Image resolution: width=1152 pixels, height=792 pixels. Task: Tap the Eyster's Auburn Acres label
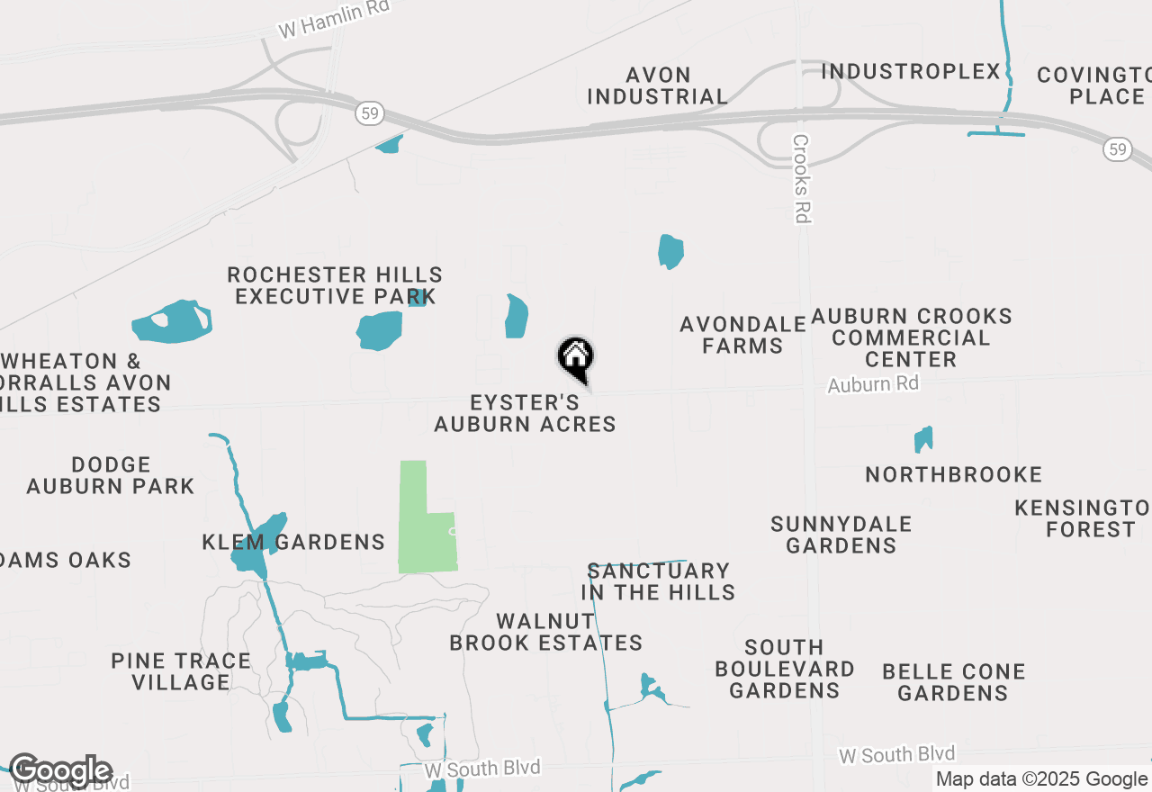pyautogui.click(x=525, y=413)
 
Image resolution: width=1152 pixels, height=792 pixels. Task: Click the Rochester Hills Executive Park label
pyautogui.click(x=335, y=285)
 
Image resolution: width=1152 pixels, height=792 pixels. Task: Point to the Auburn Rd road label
pyautogui.click(x=873, y=384)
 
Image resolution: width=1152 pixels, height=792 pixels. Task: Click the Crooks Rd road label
pyautogui.click(x=802, y=178)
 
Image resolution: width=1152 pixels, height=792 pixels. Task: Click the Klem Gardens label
pyautogui.click(x=294, y=542)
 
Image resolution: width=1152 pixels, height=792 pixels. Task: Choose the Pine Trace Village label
pyautogui.click(x=181, y=671)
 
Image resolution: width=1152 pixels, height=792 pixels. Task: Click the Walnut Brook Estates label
pyautogui.click(x=545, y=632)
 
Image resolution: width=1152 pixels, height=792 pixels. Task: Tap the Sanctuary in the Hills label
pyautogui.click(x=658, y=581)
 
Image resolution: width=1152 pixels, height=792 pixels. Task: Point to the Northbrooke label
pyautogui.click(x=953, y=474)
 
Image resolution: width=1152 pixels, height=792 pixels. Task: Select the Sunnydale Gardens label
pyautogui.click(x=841, y=535)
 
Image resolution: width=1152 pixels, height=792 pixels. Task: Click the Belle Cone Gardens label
pyautogui.click(x=953, y=682)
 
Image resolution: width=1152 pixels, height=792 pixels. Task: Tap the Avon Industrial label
pyautogui.click(x=658, y=85)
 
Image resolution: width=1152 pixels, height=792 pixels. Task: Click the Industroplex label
pyautogui.click(x=911, y=71)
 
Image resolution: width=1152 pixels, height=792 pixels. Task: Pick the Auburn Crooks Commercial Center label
pyautogui.click(x=911, y=337)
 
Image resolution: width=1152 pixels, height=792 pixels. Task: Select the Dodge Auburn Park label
pyautogui.click(x=110, y=475)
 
